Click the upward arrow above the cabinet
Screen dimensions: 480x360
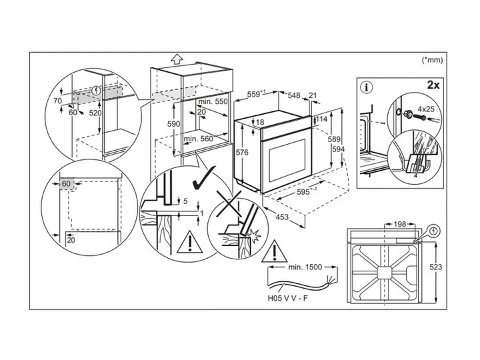177,59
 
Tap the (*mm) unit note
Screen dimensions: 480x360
432,60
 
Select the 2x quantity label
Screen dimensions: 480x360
433,85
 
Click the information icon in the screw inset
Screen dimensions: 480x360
367,88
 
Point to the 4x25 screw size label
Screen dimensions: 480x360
426,109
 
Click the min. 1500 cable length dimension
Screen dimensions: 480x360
305,267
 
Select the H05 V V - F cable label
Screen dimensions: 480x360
288,298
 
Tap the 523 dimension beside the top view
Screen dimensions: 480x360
435,267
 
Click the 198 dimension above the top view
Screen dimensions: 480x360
399,225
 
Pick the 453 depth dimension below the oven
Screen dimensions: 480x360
282,217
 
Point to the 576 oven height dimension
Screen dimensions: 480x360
242,153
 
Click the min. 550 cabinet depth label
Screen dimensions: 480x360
213,101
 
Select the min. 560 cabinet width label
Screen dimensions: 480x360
198,139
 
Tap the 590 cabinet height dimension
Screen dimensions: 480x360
173,124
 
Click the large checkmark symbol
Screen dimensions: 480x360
203,179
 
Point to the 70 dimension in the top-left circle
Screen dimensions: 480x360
57,101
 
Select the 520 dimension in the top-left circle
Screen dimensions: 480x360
95,113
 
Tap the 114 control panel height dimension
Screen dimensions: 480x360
322,119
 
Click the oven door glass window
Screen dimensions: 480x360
287,160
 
